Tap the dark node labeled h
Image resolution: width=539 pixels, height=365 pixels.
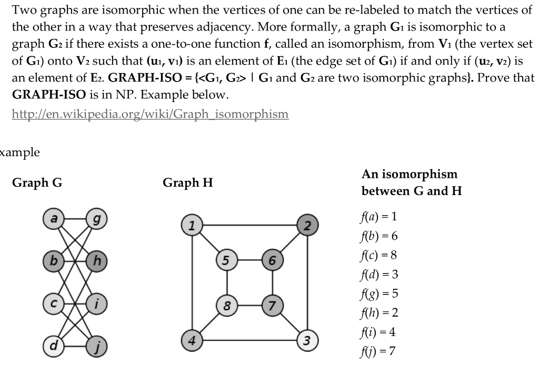(96, 260)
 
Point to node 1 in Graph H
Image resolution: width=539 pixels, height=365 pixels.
(192, 226)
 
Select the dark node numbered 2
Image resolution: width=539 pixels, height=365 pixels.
(307, 226)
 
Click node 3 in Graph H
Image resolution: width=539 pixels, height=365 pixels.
(307, 339)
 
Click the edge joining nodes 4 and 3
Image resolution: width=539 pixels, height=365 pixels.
(249, 339)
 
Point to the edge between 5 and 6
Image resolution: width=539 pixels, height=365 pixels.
(249, 260)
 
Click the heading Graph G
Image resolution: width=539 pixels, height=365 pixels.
(37, 183)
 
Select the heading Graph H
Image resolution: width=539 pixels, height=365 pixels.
(187, 183)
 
